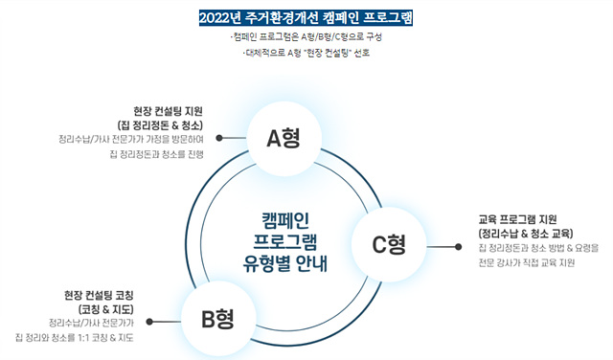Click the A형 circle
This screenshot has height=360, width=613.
284,139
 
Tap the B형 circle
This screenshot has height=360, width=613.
217,319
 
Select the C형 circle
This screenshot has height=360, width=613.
389,245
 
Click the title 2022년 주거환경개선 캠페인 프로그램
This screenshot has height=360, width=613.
306,18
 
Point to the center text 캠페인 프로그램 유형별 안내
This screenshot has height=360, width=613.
285,242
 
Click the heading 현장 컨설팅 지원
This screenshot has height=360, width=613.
169,111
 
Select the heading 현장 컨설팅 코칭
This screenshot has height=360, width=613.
99,295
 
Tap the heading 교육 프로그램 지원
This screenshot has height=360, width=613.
517,219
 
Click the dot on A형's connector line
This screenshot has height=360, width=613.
219,138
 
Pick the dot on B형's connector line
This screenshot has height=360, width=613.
149,322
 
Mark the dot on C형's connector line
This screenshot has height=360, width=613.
458,247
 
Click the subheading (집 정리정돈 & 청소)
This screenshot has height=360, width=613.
160,125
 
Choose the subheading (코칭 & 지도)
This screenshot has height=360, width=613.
106,309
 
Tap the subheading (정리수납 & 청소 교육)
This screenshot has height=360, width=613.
526,234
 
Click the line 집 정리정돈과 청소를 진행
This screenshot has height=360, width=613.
157,154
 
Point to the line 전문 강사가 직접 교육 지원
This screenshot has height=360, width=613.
527,262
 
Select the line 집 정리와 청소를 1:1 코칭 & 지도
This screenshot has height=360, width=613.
75,337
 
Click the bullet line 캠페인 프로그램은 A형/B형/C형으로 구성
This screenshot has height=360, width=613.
306,37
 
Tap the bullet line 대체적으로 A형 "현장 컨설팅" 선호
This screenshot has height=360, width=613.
306,53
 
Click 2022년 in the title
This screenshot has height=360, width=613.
219,18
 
